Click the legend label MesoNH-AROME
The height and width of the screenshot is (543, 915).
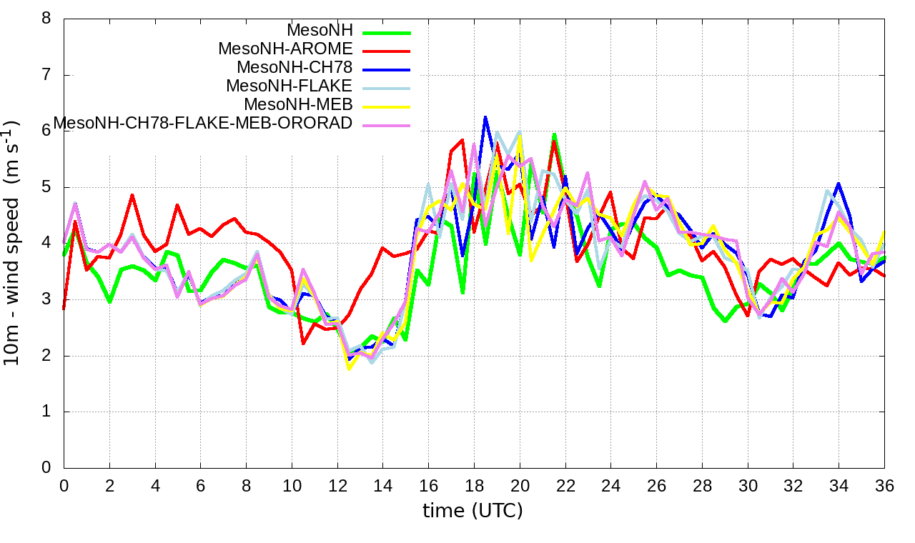[285, 49]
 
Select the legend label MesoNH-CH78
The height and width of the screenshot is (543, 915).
[295, 68]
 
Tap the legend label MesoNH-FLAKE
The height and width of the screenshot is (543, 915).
[290, 86]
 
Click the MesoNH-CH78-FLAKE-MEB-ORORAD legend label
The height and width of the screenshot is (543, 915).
[203, 124]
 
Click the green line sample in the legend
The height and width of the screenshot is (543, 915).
[387, 32]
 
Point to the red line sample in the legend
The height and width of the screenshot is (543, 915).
[387, 51]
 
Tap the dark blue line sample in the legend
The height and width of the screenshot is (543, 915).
[387, 69]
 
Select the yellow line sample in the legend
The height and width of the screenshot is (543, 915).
[387, 106]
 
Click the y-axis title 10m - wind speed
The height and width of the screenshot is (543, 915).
[12, 243]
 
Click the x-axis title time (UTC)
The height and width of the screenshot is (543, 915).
[473, 511]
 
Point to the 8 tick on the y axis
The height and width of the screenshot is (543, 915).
[46, 19]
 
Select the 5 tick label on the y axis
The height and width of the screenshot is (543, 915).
[46, 187]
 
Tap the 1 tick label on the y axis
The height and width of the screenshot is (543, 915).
[46, 412]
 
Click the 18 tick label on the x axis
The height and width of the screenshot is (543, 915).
[474, 485]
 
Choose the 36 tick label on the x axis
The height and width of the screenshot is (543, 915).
[884, 485]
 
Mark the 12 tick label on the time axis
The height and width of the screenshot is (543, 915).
[337, 485]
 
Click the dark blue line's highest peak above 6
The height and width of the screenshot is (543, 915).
[485, 116]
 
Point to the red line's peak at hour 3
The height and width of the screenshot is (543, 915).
[132, 194]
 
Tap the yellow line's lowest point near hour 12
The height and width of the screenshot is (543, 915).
[349, 369]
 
